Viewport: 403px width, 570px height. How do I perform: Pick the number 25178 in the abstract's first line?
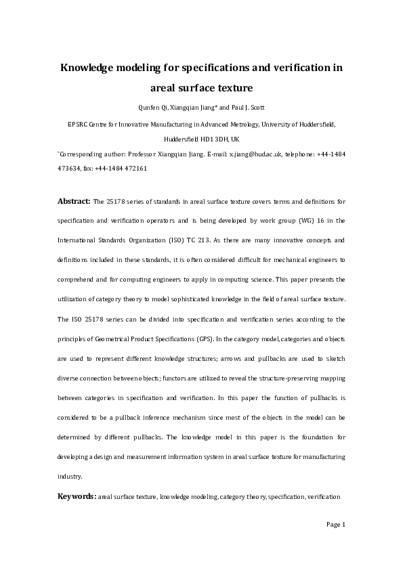tap(116, 202)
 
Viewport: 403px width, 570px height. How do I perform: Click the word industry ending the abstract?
tap(70, 476)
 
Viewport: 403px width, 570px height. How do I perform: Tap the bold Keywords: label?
tap(77, 497)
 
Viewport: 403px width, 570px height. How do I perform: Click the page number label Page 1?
tap(336, 524)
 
